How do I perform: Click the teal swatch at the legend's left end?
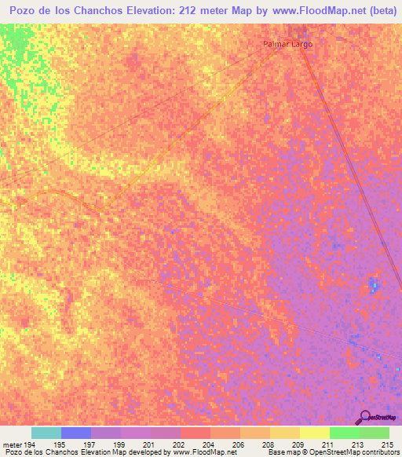(46, 433)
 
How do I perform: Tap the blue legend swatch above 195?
(76, 433)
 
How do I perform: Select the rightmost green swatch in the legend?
(375, 433)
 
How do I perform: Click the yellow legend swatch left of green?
(315, 433)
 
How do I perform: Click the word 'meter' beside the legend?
(10, 444)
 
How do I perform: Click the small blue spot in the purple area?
(373, 284)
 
